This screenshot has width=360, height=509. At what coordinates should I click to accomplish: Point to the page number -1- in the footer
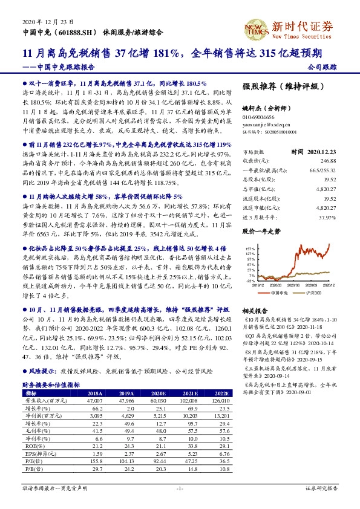point(180,488)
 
